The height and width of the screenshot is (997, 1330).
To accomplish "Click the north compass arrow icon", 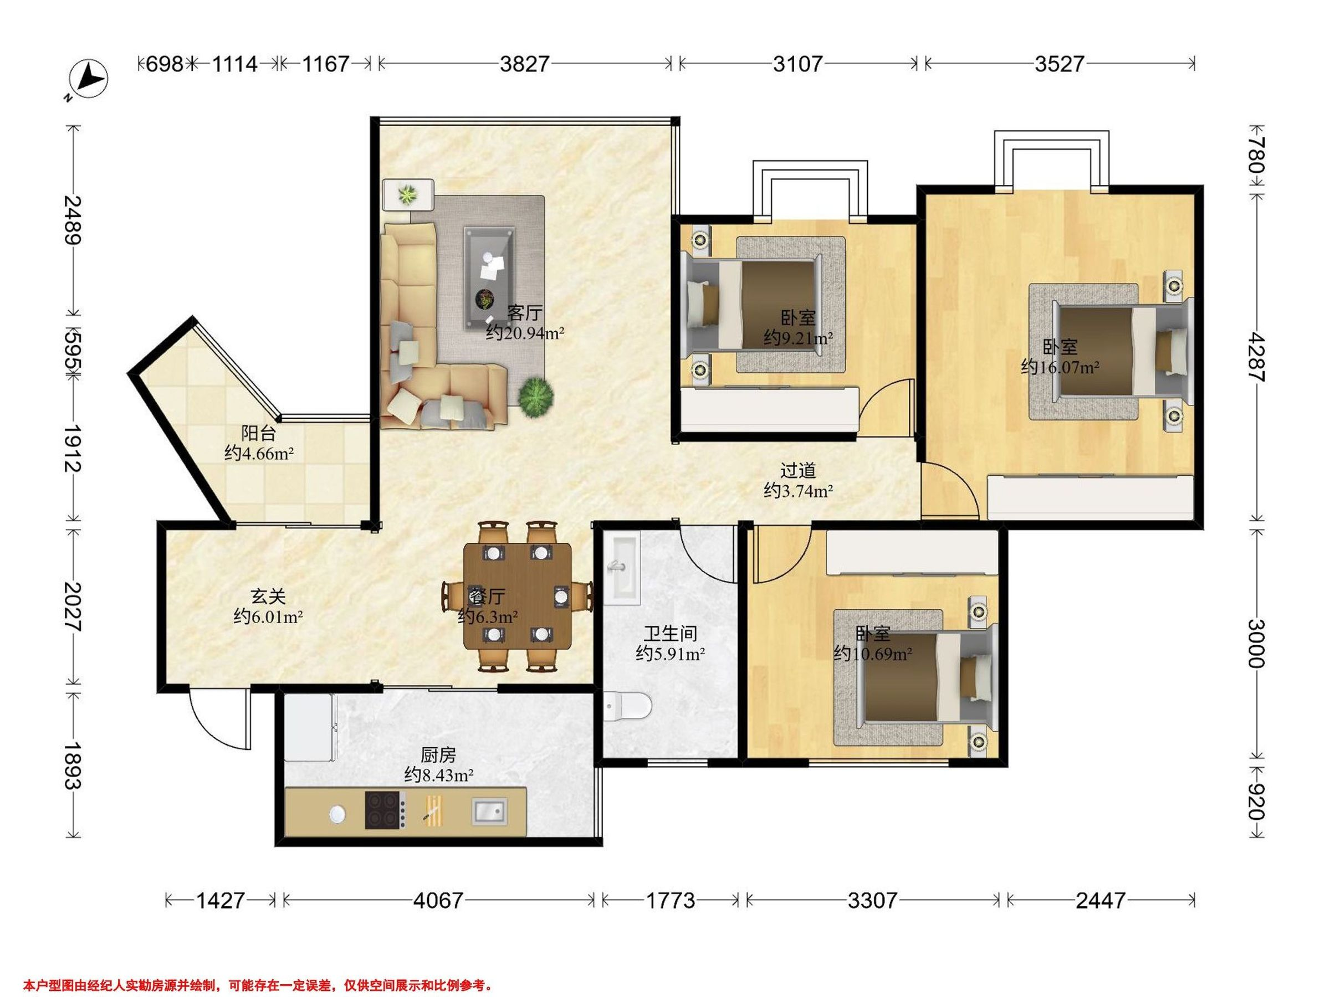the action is click(88, 79).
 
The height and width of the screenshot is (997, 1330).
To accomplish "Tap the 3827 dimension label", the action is click(524, 64).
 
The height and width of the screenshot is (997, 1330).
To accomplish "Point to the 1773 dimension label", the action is click(671, 900).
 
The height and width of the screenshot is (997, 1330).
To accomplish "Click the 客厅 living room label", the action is click(524, 312).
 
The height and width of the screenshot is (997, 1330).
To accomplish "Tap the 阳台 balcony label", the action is click(259, 433).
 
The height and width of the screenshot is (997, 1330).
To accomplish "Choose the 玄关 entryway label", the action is click(268, 596).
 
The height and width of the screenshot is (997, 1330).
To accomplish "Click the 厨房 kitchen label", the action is click(438, 755).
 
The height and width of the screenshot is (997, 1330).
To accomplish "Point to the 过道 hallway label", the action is click(798, 470).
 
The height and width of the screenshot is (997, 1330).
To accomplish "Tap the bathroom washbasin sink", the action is click(624, 568).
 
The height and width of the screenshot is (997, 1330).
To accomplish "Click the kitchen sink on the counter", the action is click(489, 811).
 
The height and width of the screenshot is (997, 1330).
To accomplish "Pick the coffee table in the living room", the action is click(489, 277).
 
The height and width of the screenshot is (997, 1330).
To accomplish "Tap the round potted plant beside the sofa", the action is click(536, 395).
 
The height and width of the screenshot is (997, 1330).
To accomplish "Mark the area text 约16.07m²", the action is click(1060, 367).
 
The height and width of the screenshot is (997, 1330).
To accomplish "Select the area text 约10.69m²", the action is click(873, 653).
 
